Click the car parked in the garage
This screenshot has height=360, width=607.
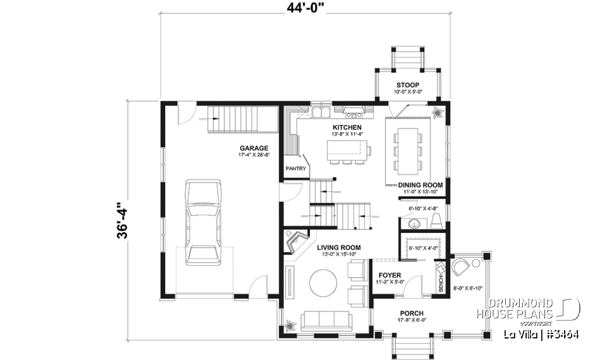(204, 222)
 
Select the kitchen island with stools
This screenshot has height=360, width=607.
(348, 151)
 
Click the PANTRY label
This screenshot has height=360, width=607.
(295, 169)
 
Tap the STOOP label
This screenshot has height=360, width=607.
(408, 85)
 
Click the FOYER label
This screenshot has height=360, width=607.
(389, 275)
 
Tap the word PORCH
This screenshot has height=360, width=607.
(410, 313)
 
